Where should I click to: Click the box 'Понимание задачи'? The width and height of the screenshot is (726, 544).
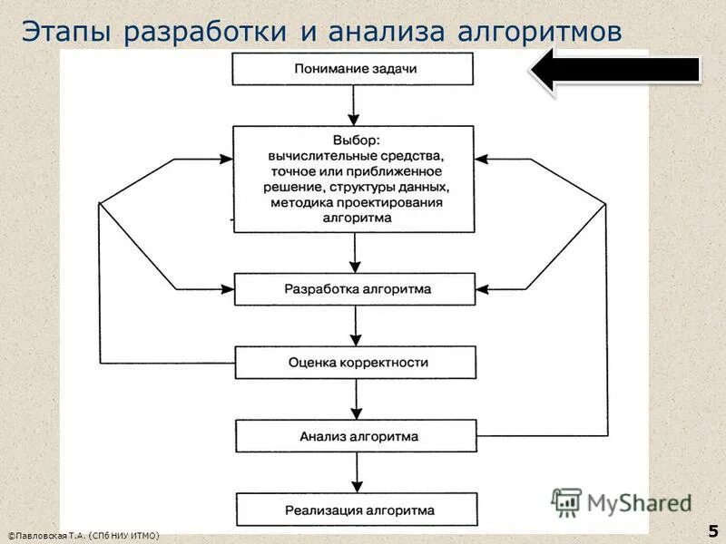(x=355, y=69)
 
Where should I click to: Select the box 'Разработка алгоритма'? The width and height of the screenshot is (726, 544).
(x=355, y=289)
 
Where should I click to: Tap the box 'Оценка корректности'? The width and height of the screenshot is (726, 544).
(x=355, y=362)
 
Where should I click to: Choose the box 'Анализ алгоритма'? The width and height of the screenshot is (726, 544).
(x=355, y=436)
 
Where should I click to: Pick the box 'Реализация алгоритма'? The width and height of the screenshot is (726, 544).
(x=355, y=510)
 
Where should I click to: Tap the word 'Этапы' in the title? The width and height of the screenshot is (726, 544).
(x=66, y=31)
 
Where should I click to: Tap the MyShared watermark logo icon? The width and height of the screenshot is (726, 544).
(x=566, y=501)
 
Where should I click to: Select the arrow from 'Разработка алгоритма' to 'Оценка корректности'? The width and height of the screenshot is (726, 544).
(x=355, y=325)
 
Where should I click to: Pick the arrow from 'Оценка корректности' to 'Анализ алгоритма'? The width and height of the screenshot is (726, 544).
(x=355, y=399)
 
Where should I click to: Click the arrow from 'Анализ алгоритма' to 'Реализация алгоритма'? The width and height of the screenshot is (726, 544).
(x=355, y=472)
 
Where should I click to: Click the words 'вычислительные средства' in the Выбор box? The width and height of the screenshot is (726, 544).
(x=355, y=155)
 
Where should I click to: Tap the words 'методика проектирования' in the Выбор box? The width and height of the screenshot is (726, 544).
(x=355, y=203)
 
